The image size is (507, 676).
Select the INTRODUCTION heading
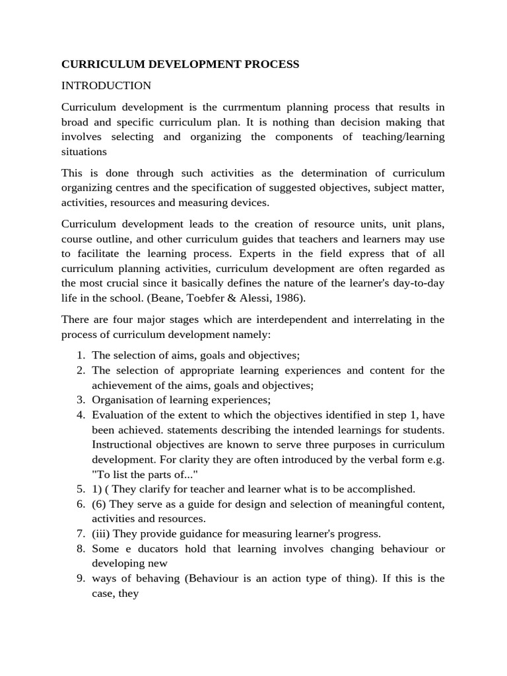(x=106, y=86)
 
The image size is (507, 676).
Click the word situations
(x=84, y=152)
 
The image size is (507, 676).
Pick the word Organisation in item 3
(x=121, y=400)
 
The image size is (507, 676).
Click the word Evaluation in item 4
(x=116, y=415)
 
